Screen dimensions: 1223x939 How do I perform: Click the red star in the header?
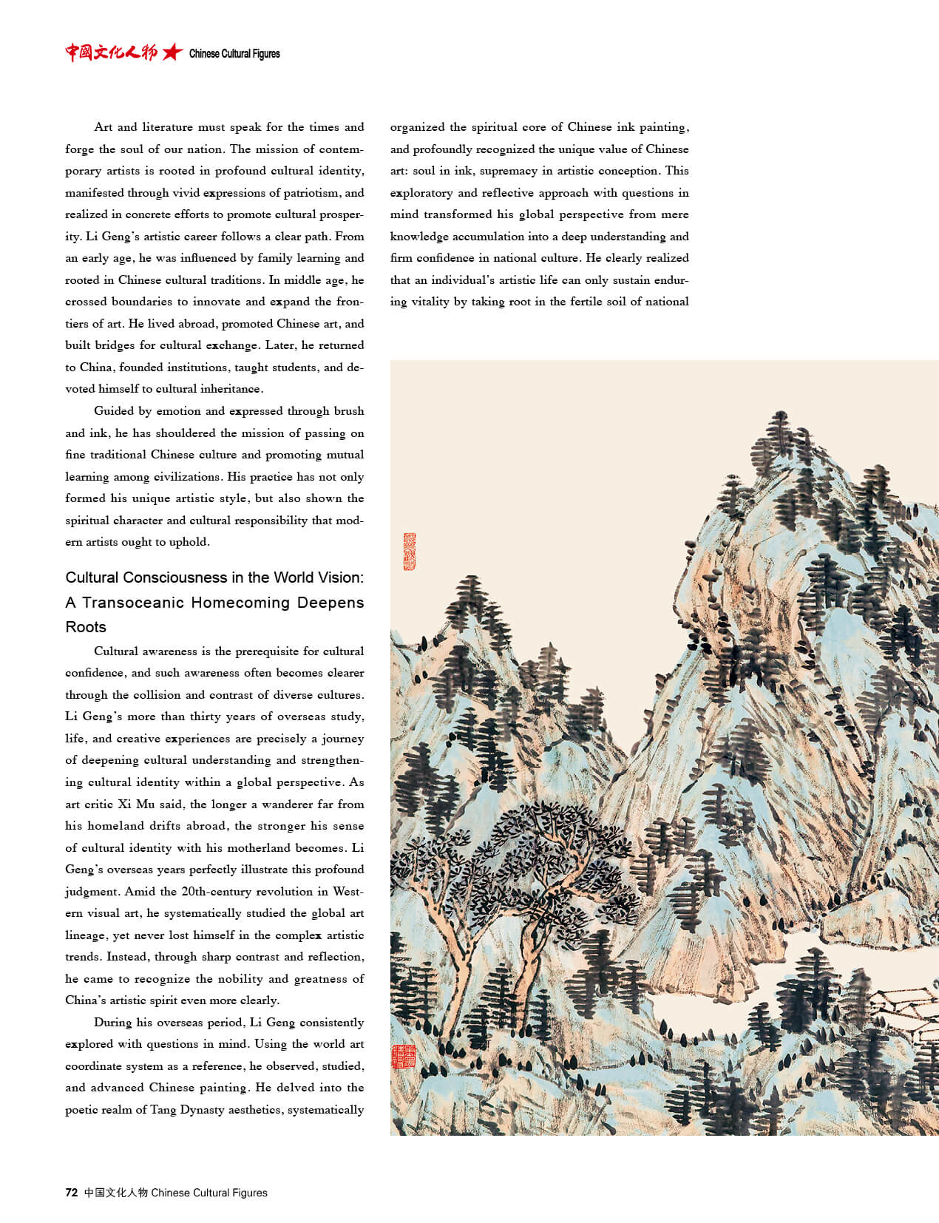(x=172, y=52)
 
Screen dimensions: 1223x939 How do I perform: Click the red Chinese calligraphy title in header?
(x=111, y=52)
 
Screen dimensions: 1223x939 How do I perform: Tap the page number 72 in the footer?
(x=71, y=1192)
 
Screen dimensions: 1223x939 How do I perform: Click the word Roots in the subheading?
(x=86, y=627)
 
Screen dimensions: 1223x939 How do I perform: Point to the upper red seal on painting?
(x=409, y=552)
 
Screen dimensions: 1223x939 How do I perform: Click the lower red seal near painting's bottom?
(x=403, y=1056)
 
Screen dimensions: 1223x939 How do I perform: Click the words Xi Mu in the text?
(x=136, y=804)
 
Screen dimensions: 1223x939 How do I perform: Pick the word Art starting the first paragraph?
(x=104, y=127)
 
